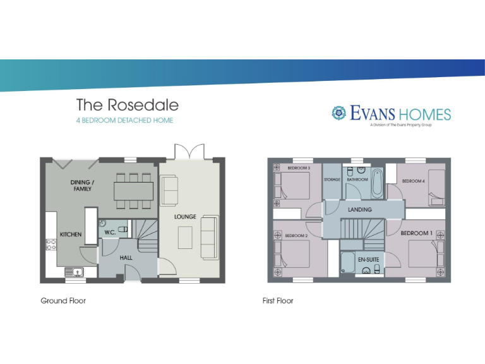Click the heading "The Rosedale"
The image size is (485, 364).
128,104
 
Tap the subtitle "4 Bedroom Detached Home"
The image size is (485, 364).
124,120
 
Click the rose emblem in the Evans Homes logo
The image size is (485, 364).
339,113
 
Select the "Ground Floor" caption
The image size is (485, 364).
63,301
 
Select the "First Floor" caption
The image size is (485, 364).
278,301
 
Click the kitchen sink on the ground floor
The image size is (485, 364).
76,272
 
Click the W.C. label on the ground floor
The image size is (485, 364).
109,232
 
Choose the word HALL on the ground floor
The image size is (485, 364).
126,258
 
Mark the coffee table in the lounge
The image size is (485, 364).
185,238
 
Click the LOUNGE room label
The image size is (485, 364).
185,217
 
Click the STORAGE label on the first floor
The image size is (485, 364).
332,179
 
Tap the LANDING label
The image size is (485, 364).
359,209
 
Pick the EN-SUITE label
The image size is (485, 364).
369,260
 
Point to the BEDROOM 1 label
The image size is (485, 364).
416,233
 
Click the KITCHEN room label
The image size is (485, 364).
71,234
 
